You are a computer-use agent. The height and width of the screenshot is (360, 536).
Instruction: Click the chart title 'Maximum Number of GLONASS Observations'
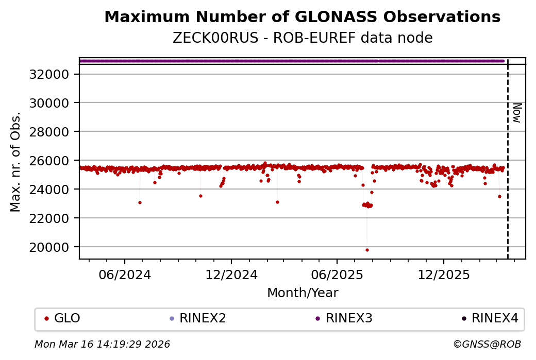(x=302, y=17)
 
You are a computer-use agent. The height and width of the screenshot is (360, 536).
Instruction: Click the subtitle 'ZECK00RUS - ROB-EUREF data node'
(x=302, y=38)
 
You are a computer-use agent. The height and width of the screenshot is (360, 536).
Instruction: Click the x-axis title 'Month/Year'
(x=303, y=293)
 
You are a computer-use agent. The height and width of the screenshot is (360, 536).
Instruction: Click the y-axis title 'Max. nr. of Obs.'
(x=15, y=161)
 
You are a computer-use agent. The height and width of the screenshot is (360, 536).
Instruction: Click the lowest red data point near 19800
(x=367, y=250)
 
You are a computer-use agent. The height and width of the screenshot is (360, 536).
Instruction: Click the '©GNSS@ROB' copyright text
(x=487, y=344)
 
